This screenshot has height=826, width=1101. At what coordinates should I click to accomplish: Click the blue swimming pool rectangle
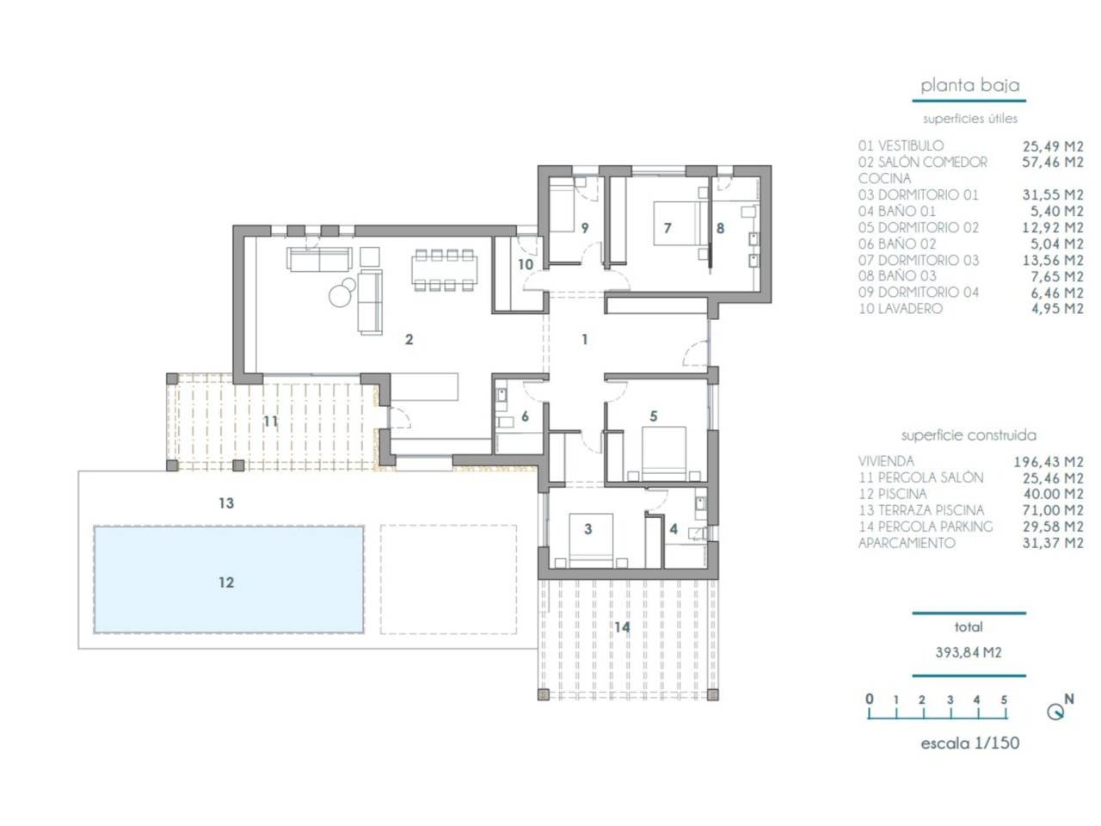(x=228, y=579)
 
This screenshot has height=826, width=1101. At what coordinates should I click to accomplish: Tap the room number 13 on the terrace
(x=226, y=503)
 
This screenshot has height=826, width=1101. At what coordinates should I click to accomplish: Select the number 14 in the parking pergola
(x=622, y=627)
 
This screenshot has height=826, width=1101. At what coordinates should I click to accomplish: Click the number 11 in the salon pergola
(x=271, y=422)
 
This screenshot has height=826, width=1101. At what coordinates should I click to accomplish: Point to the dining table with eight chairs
(x=445, y=270)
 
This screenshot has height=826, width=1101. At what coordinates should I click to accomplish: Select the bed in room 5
(x=663, y=453)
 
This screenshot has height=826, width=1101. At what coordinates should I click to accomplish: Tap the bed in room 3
(x=591, y=540)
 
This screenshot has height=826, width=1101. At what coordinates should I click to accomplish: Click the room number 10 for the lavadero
(x=526, y=264)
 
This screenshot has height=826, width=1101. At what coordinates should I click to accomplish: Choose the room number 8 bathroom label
(x=720, y=229)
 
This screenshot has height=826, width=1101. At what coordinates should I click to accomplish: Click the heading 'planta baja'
(x=969, y=85)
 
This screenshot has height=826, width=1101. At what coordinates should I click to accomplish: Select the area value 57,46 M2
(x=1052, y=163)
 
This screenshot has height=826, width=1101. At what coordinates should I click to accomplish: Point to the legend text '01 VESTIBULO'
(x=901, y=146)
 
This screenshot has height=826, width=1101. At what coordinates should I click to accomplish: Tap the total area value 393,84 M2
(x=968, y=652)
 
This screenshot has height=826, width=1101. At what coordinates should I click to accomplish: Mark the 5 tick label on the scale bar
(x=1003, y=700)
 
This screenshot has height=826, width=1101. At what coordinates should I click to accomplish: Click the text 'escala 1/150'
(x=969, y=743)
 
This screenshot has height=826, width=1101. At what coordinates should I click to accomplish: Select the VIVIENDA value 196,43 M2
(x=1049, y=462)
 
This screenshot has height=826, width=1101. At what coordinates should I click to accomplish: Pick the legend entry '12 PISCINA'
(x=892, y=494)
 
